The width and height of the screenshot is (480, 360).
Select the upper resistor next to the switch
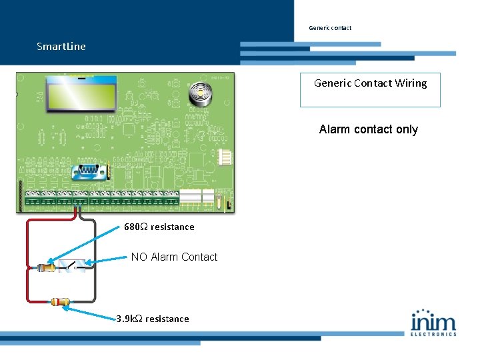pyautogui.click(x=47, y=267)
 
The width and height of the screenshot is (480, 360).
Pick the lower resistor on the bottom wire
pyautogui.click(x=61, y=302)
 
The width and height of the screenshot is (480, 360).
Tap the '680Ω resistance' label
pyautogui.click(x=159, y=227)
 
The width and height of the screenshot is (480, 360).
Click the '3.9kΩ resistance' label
pyautogui.click(x=153, y=319)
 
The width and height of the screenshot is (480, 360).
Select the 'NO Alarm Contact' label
pyautogui.click(x=174, y=257)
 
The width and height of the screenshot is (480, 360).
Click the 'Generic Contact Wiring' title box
pyautogui.click(x=370, y=90)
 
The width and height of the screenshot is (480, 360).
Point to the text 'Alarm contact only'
pyautogui.click(x=368, y=129)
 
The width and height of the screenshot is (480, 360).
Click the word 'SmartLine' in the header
pyautogui.click(x=61, y=47)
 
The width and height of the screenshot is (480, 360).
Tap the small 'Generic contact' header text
pyautogui.click(x=330, y=28)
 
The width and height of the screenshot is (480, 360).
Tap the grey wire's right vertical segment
pyautogui.click(x=95, y=267)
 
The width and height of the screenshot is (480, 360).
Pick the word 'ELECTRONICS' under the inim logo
pyautogui.click(x=433, y=333)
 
